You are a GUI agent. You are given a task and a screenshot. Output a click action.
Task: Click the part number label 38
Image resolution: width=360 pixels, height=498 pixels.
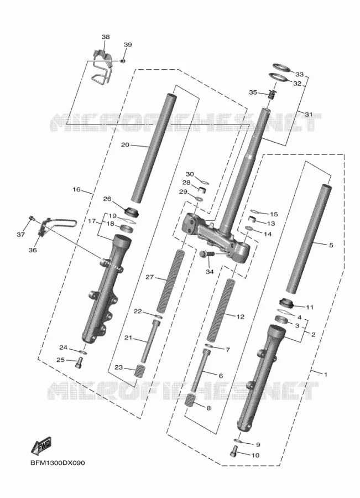106,37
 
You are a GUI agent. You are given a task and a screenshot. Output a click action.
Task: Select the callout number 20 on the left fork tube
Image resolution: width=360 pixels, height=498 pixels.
126,145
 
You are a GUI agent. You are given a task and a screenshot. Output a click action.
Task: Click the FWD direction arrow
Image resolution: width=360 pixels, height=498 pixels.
41,446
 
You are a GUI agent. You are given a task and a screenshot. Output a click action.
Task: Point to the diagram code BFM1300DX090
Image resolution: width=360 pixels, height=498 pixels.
58,463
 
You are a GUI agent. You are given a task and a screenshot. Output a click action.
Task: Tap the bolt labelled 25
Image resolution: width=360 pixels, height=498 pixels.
79,362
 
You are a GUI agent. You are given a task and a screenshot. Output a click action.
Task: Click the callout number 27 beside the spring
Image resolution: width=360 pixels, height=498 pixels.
149,277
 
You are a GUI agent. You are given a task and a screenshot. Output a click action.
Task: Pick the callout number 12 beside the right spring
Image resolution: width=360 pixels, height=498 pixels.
241,317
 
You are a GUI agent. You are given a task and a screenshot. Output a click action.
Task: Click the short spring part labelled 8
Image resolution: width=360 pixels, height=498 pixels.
190,400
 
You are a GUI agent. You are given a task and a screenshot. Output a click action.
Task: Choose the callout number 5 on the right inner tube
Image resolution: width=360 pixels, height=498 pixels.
331,245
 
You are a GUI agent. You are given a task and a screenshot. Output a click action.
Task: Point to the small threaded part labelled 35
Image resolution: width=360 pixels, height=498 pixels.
271,94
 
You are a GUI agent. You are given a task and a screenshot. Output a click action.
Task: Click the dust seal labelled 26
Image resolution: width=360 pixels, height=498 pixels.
133,211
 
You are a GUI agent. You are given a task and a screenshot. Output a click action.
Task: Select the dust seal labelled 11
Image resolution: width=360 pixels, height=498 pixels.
286,303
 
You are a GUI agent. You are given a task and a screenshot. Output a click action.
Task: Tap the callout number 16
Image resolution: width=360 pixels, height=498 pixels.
76,190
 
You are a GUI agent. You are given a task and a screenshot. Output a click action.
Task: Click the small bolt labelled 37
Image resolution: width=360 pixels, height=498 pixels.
32,218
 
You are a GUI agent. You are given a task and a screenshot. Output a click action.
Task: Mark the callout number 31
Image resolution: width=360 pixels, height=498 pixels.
309,115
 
